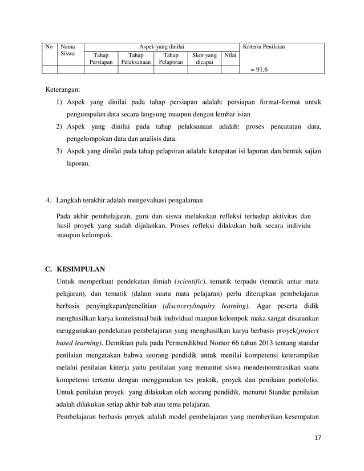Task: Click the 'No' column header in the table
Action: click(x=49, y=46)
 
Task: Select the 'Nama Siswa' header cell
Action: click(x=68, y=50)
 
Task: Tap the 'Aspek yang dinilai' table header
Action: click(x=160, y=46)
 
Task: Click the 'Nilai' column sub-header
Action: click(x=229, y=55)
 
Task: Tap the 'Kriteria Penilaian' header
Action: click(x=264, y=46)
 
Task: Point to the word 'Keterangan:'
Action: click(x=63, y=90)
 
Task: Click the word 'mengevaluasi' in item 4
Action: click(x=147, y=200)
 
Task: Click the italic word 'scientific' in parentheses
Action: click(x=191, y=281)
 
